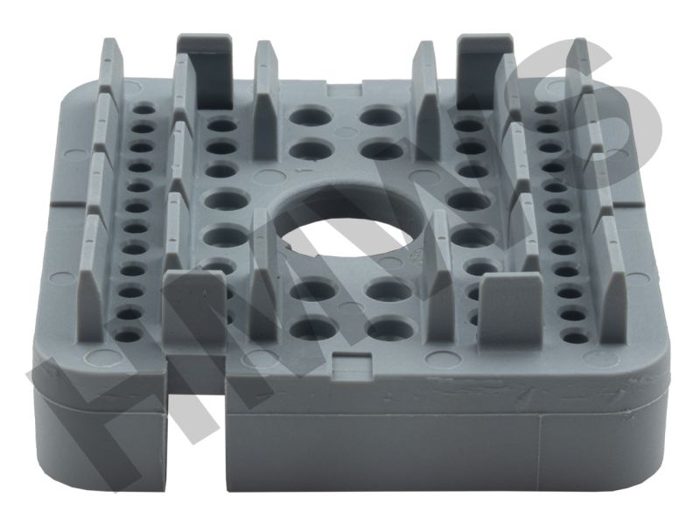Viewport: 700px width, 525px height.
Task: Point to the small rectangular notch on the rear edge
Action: point(346,90)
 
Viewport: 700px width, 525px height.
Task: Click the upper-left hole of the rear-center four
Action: point(311,115)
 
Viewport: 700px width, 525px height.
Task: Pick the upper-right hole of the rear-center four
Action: point(381,115)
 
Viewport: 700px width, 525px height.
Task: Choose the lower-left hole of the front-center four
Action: point(313,329)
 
